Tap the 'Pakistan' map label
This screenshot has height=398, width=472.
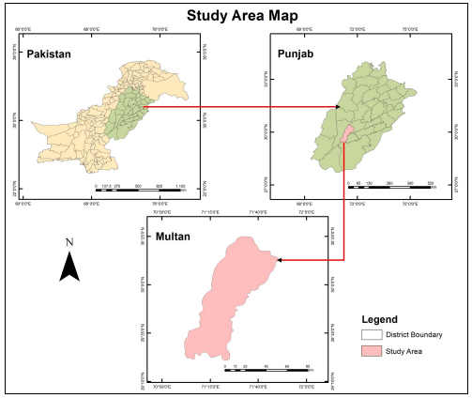[49, 54]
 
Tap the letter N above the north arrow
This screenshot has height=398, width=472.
[69, 242]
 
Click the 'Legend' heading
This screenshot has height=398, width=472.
[380, 319]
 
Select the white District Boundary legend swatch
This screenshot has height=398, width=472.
[373, 334]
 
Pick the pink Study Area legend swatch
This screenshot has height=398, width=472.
[373, 351]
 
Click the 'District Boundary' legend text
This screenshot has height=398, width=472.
[419, 334]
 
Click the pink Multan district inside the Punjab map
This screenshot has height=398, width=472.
[348, 135]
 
